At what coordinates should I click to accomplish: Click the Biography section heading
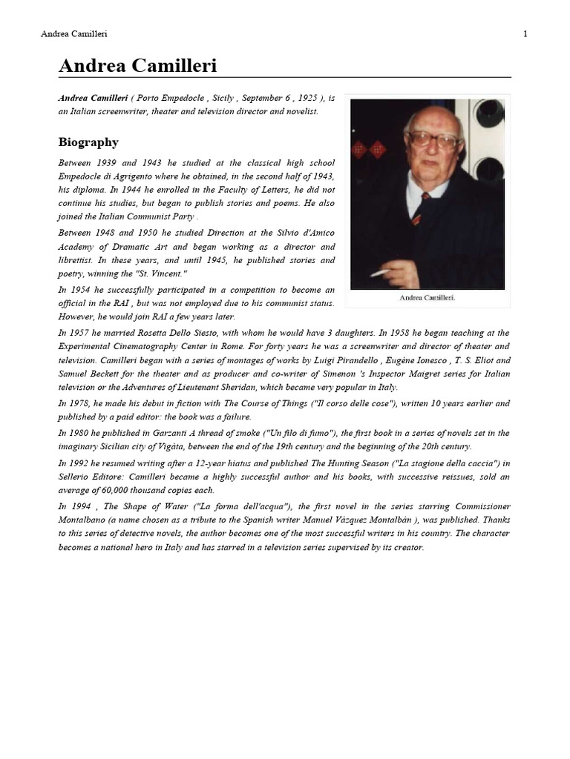coord(88,142)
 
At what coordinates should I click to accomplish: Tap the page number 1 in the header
coord(525,34)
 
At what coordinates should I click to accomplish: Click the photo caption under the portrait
coord(427,297)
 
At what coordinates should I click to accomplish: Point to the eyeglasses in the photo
coord(433,139)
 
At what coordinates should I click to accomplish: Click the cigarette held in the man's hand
coord(379,274)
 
